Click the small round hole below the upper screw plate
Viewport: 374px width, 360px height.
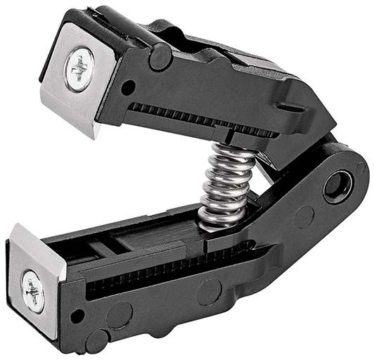pos(128,88)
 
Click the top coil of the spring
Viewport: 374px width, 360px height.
pos(228,154)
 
